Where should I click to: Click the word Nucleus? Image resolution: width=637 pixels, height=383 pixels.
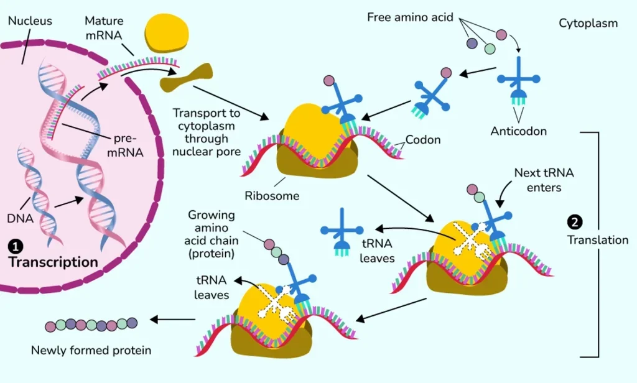click(x=30, y=21)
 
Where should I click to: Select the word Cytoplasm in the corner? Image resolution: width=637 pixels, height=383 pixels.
click(x=588, y=24)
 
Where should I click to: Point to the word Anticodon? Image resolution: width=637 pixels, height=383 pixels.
click(x=518, y=131)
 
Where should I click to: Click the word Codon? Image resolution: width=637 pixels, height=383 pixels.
click(x=423, y=140)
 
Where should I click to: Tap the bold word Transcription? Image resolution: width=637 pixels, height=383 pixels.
click(x=53, y=262)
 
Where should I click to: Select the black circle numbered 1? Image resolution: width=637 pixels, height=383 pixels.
click(x=13, y=246)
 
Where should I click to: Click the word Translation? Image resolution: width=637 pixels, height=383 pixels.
click(x=598, y=240)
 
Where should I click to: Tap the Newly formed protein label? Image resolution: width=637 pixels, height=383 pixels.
click(x=91, y=351)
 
